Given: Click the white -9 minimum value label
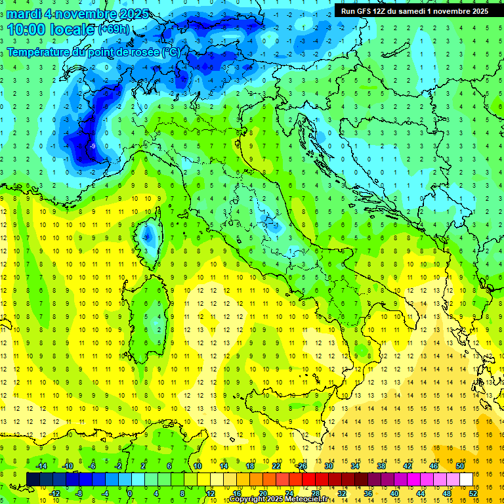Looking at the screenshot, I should [x=94, y=146].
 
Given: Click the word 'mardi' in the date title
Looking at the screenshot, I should [x=22, y=14].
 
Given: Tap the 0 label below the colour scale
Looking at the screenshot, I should [x=130, y=493].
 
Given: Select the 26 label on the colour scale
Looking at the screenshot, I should [x=301, y=466].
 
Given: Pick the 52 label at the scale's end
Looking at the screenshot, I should [x=473, y=493].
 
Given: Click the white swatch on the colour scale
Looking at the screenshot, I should [x=466, y=480].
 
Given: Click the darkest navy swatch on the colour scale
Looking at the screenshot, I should [x=33, y=480].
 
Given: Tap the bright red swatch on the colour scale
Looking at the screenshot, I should [x=308, y=480].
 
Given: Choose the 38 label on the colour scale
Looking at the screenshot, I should [x=381, y=466].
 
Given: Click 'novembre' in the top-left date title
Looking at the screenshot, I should [x=74, y=14].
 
